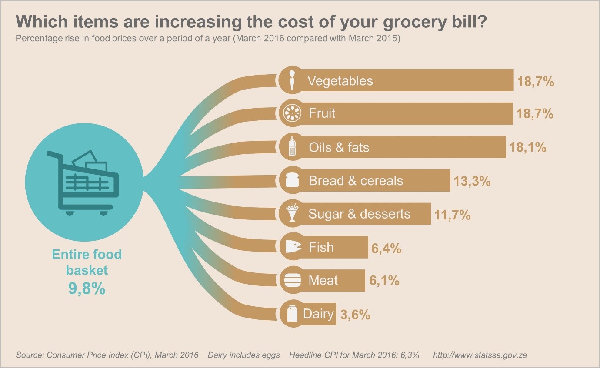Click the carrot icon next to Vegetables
pyautogui.click(x=292, y=80)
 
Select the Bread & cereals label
pyautogui.click(x=356, y=181)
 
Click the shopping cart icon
pyautogui.click(x=83, y=183)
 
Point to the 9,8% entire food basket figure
pyautogui.click(x=87, y=288)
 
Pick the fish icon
pyautogui.click(x=293, y=247)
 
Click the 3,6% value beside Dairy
pyautogui.click(x=355, y=315)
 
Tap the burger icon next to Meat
pyautogui.click(x=292, y=281)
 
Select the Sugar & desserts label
pyautogui.click(x=359, y=214)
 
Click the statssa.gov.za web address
pyautogui.click(x=480, y=355)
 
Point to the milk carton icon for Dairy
pyautogui.click(x=292, y=314)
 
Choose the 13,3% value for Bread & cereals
pyautogui.click(x=472, y=181)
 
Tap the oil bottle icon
pyautogui.click(x=292, y=147)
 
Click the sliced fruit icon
pyautogui.click(x=292, y=113)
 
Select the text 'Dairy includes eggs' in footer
pyautogui.click(x=243, y=355)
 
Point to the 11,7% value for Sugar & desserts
pyautogui.click(x=452, y=214)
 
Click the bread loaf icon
pyautogui.click(x=292, y=180)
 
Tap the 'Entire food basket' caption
pyautogui.click(x=87, y=262)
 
